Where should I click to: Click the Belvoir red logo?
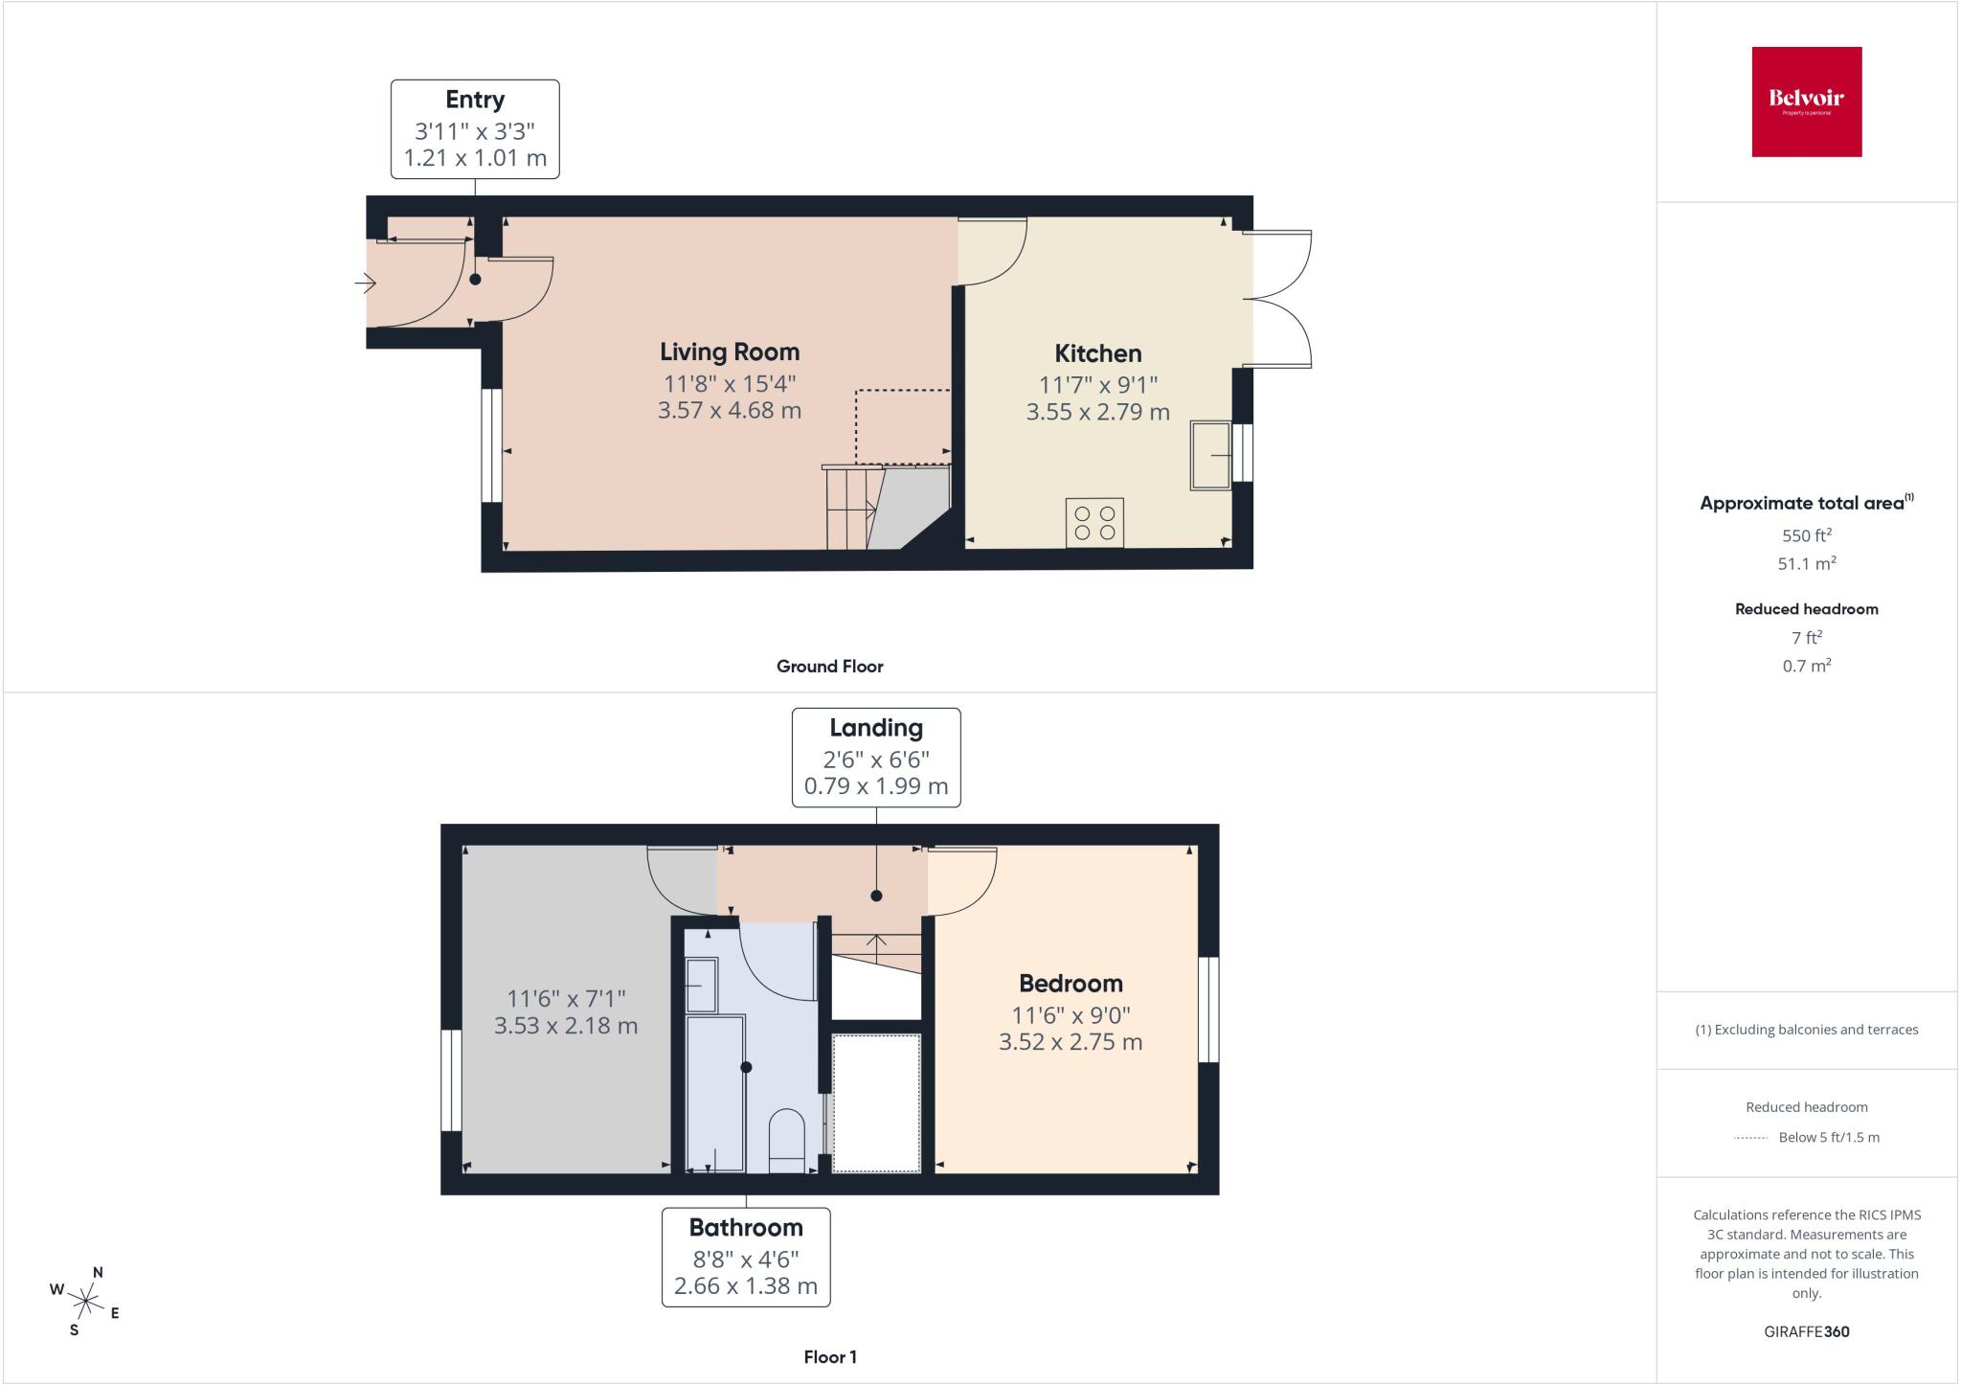tap(1807, 102)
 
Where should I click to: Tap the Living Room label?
tap(730, 352)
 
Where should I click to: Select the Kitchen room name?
tap(1098, 353)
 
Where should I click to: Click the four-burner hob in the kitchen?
tap(1094, 523)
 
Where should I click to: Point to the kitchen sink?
tap(1211, 455)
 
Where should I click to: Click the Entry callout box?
tap(475, 129)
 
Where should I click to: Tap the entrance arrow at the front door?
tap(365, 283)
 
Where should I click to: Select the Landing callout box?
tap(876, 758)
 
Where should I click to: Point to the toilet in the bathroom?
tap(788, 1141)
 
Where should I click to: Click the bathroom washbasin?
tap(702, 986)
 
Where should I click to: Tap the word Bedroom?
tap(1071, 984)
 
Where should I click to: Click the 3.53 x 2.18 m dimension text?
tap(566, 1026)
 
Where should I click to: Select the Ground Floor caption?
tap(830, 667)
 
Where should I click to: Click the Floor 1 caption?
tap(830, 1357)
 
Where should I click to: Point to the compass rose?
tap(86, 1301)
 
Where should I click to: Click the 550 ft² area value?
tap(1807, 535)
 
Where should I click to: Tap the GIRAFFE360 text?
tap(1807, 1331)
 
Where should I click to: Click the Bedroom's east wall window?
tap(1209, 1010)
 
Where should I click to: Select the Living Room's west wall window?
tap(491, 445)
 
